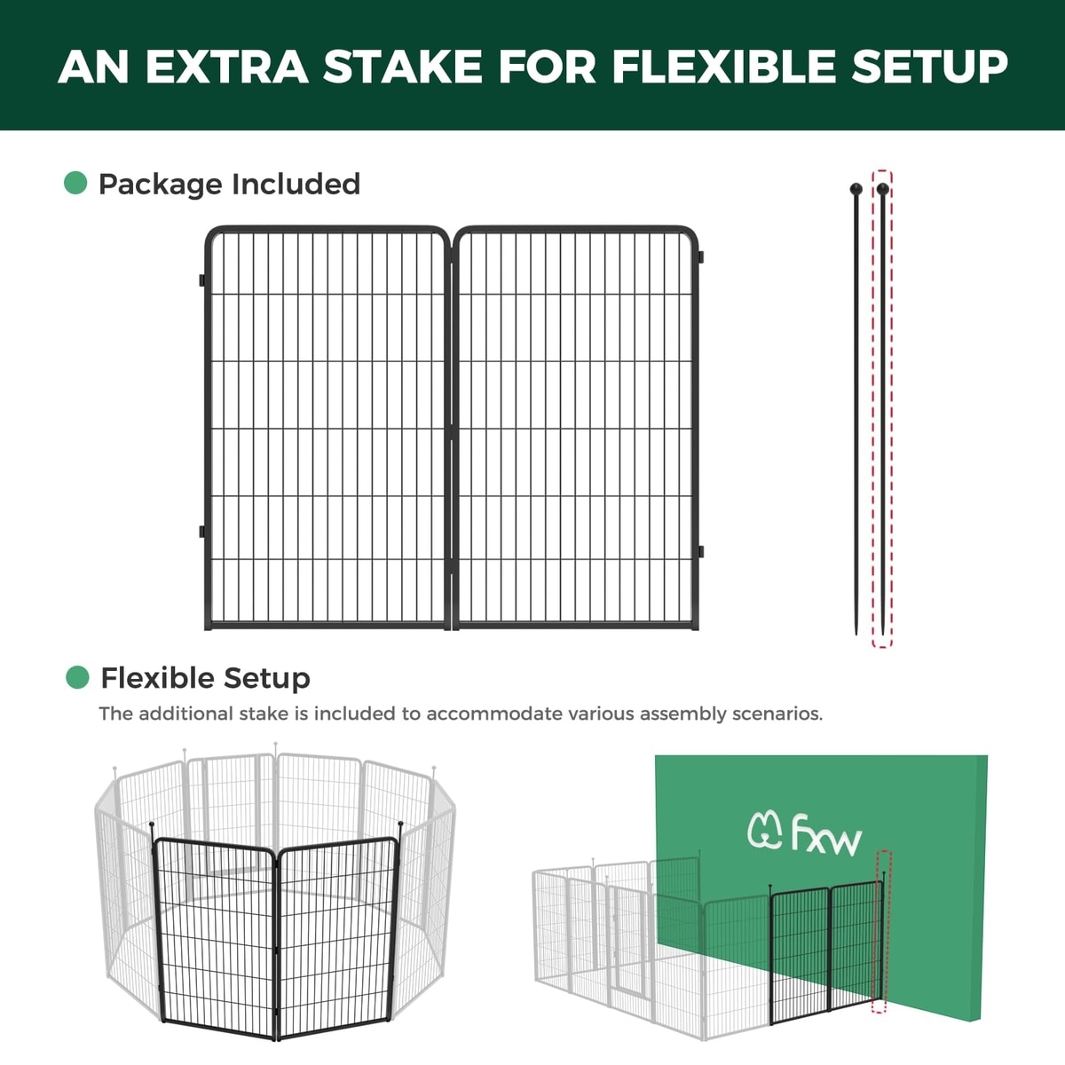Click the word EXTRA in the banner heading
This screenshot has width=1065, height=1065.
227,67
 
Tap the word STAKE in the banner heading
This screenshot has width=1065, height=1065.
402,67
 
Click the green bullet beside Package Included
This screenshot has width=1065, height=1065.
75,183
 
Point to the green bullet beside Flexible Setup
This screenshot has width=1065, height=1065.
77,677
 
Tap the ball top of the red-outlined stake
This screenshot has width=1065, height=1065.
882,189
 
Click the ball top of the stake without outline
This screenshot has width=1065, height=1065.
856,189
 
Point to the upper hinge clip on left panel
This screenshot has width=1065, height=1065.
202,280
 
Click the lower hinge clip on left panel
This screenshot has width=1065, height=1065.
202,531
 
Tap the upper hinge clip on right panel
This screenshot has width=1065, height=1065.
701,257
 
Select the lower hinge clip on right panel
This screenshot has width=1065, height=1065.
701,551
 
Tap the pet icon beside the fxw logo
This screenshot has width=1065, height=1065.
765,832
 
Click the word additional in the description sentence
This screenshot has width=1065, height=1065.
185,714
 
